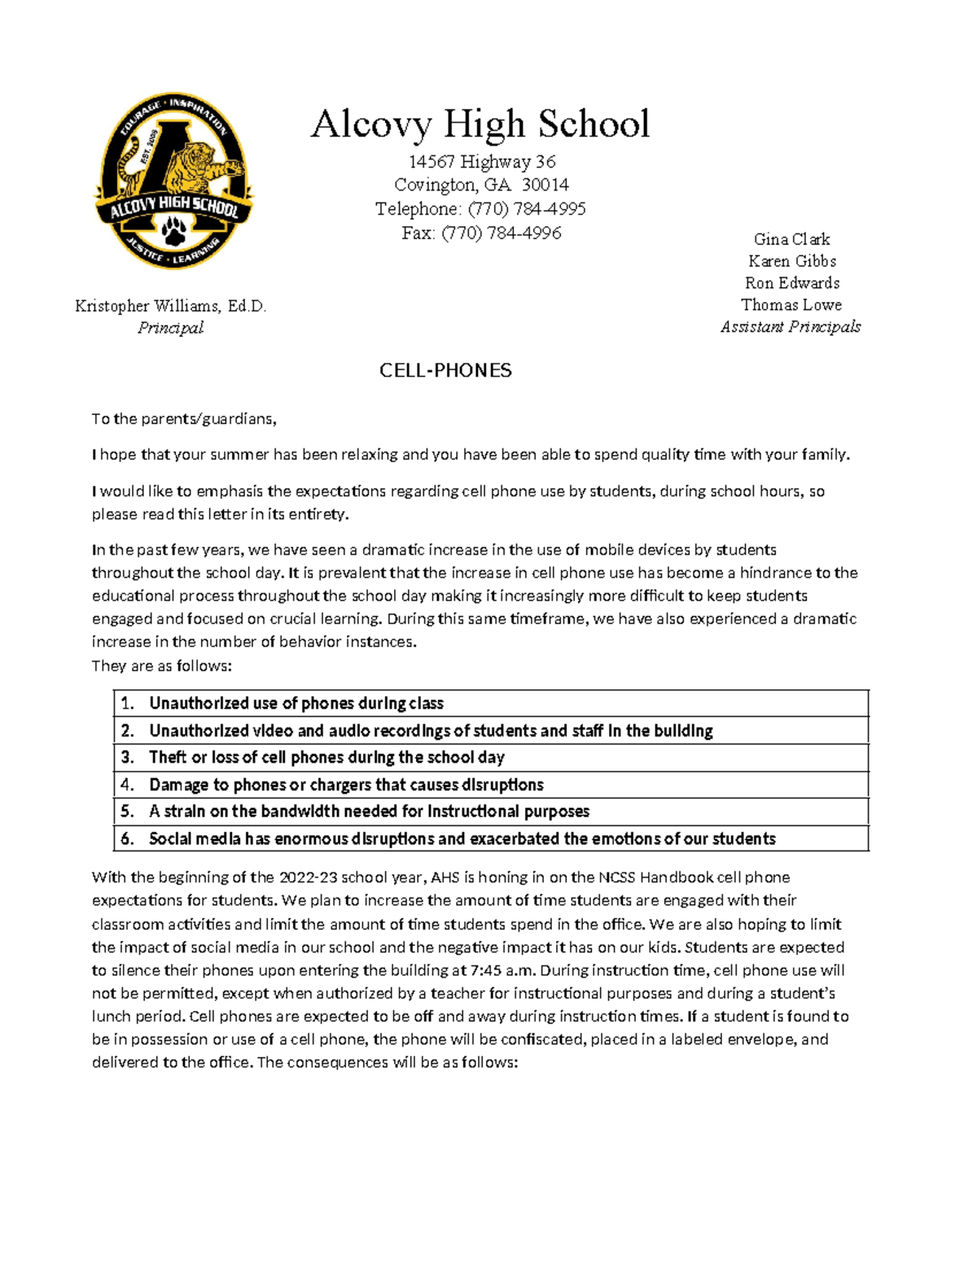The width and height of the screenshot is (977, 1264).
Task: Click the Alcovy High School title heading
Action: [480, 125]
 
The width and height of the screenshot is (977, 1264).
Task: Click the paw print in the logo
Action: [174, 231]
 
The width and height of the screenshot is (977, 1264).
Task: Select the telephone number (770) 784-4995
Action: [526, 209]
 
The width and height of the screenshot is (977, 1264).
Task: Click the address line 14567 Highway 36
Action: [482, 162]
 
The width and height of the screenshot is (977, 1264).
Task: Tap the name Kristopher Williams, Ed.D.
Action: [170, 306]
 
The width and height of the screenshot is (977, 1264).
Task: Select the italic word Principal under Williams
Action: [170, 327]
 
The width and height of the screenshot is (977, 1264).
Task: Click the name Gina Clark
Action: [791, 239]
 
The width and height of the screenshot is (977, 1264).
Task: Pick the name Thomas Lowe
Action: [791, 305]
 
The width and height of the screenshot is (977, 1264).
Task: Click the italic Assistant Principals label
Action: [791, 326]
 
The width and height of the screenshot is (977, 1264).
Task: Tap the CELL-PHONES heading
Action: [445, 371]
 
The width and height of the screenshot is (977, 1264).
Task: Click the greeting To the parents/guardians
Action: [184, 419]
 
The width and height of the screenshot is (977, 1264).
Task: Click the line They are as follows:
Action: [161, 666]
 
